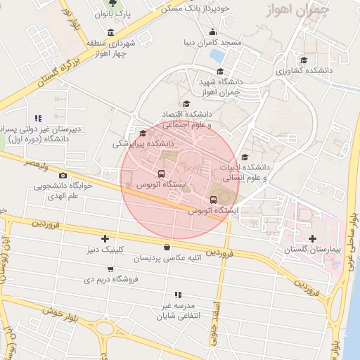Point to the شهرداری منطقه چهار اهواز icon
110,32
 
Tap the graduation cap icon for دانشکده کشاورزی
304,60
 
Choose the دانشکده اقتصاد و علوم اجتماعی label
187,119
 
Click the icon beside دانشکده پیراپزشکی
143,133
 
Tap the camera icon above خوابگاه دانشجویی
64,175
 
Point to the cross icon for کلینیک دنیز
105,239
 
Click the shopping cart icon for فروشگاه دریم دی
110,269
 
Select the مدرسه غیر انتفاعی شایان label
177,310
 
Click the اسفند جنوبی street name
215,324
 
